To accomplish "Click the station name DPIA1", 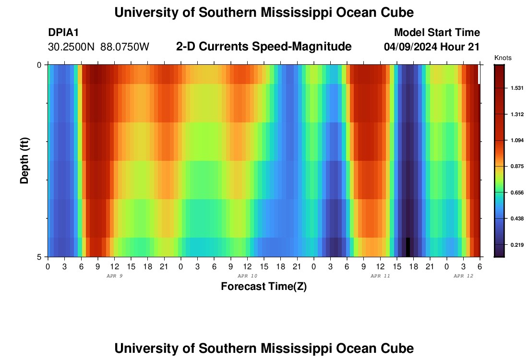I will click(63, 33).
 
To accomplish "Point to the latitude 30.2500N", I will click(72, 47).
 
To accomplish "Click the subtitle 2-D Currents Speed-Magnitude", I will click(264, 47).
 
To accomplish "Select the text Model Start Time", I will click(437, 33).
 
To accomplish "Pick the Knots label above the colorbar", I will click(503, 58).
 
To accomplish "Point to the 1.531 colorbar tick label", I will click(516, 88).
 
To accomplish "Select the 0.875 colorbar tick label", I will click(516, 167).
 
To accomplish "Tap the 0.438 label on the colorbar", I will click(516, 219).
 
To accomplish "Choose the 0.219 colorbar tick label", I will click(516, 245).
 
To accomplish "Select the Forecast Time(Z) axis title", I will click(264, 287).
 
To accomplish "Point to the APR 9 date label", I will click(114, 276).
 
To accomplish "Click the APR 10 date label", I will click(247, 276).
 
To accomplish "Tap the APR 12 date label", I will click(463, 276).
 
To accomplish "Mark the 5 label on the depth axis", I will click(40, 257).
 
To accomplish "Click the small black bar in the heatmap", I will click(408, 247).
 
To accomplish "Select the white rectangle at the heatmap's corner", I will click(479, 74).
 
